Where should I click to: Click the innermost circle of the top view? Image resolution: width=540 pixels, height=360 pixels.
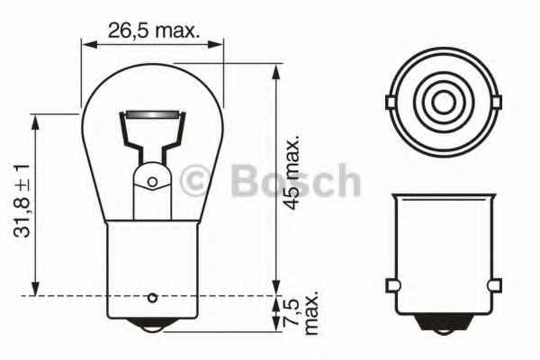tap(442, 98)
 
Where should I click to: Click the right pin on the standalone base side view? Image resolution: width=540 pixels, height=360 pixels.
tap(493, 285)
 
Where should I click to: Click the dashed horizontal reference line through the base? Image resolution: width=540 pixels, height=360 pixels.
tap(63, 295)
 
